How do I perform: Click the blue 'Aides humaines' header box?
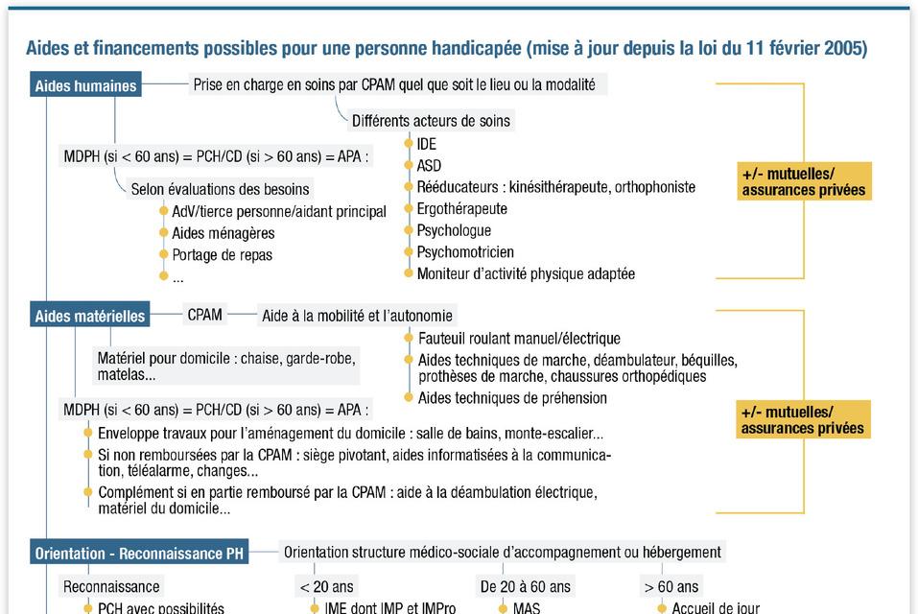pyautogui.click(x=85, y=85)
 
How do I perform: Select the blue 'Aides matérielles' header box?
pyautogui.click(x=90, y=316)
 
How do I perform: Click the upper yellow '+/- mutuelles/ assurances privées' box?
pyautogui.click(x=804, y=181)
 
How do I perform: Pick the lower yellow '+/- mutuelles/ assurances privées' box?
pyautogui.click(x=804, y=420)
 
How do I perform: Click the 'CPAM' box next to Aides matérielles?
pyautogui.click(x=205, y=315)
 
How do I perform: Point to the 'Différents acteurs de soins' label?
pyautogui.click(x=431, y=121)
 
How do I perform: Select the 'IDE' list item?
pyautogui.click(x=427, y=144)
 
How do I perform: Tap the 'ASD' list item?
pyautogui.click(x=429, y=166)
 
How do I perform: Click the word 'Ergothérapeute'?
pyautogui.click(x=461, y=209)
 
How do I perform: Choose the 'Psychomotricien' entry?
pyautogui.click(x=466, y=252)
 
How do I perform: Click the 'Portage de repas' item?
pyautogui.click(x=222, y=255)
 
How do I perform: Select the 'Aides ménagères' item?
pyautogui.click(x=223, y=233)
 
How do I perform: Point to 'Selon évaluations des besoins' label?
pyautogui.click(x=220, y=190)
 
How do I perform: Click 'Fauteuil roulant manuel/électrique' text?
pyautogui.click(x=519, y=339)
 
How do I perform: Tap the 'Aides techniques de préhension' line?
pyautogui.click(x=512, y=398)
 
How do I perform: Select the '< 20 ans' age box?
pyautogui.click(x=326, y=586)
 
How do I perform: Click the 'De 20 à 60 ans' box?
pyautogui.click(x=525, y=586)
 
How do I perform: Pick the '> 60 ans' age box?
pyautogui.click(x=672, y=586)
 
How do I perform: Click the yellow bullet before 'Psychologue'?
pyautogui.click(x=409, y=230)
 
